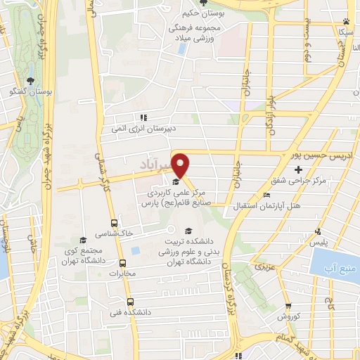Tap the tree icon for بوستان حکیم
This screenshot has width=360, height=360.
[x=202, y=5]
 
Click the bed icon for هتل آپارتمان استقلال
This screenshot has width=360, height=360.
[x=265, y=195]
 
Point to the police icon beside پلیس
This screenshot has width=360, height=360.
[x=319, y=232]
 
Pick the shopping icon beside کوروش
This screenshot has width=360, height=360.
[x=288, y=305]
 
